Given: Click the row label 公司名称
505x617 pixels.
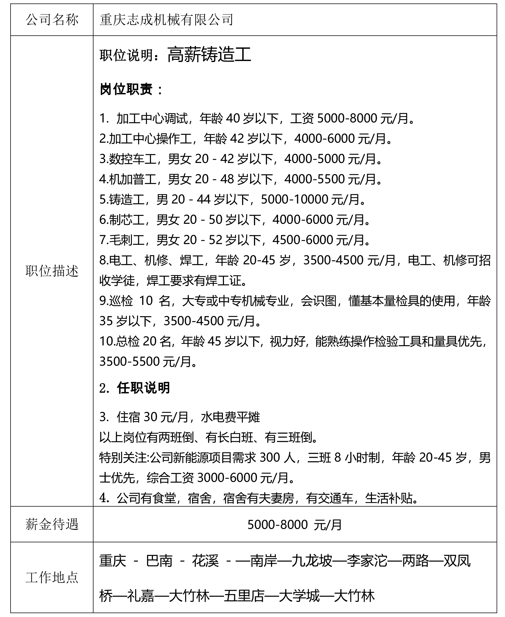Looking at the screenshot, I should (52, 20).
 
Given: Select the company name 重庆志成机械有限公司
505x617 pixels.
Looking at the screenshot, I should (166, 20).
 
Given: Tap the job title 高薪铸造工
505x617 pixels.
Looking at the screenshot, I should (209, 55).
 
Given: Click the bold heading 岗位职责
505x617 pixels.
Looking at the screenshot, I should (126, 89).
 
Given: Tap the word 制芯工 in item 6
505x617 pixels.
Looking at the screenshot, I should (127, 220).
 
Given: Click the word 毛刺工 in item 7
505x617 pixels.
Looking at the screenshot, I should (127, 240).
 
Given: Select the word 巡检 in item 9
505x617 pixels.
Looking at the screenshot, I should (121, 301).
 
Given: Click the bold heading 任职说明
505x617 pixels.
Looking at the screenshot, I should (143, 388).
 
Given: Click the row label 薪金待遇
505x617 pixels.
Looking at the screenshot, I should (52, 525).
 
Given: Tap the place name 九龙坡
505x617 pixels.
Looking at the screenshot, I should (312, 561).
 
